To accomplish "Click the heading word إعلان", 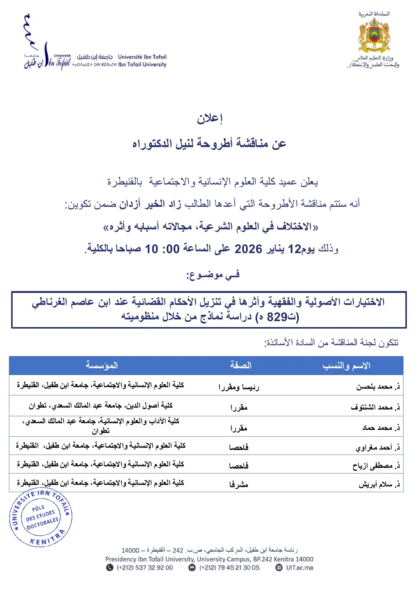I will (x=210, y=119).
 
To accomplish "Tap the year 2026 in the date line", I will (x=248, y=249).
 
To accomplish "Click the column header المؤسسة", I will (x=101, y=365).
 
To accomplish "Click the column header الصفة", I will (x=240, y=365).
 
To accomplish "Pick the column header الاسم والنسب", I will (x=346, y=366).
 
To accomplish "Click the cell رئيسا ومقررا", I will (x=239, y=387).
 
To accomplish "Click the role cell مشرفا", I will (x=239, y=484).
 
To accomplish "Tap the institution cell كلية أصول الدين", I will (x=101, y=406).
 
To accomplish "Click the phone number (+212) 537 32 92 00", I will (x=145, y=568).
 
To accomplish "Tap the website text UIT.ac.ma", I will (x=299, y=568).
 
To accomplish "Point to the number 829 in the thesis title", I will (x=277, y=317).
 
